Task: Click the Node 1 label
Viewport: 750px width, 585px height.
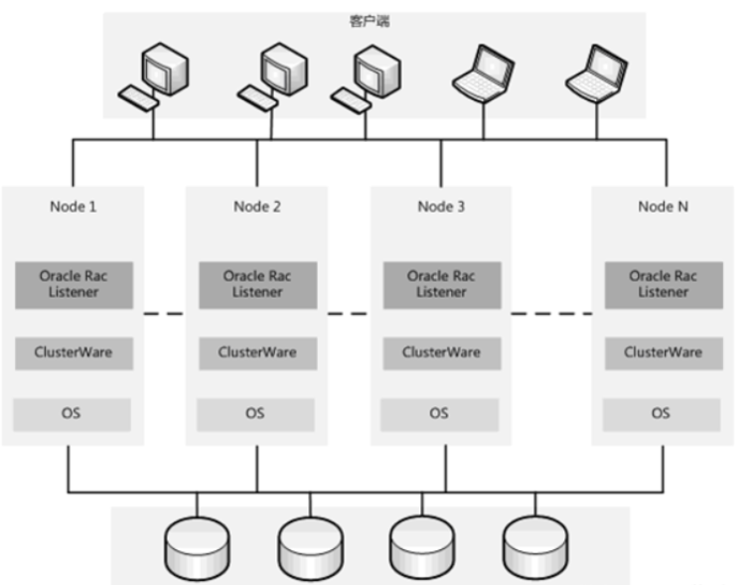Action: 74,207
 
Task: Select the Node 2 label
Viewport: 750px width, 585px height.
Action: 257,207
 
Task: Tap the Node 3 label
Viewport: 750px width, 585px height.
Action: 441,207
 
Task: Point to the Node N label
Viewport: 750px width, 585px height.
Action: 663,207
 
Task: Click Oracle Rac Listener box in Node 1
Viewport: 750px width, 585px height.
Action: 73,284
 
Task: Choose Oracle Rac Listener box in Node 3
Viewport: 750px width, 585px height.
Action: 441,284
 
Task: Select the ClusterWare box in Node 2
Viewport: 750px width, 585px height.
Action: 257,353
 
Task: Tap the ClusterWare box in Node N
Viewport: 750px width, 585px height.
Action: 663,353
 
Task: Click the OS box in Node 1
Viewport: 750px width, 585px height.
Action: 73,413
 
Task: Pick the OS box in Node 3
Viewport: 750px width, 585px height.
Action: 441,413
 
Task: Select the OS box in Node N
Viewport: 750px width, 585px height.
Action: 663,413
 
